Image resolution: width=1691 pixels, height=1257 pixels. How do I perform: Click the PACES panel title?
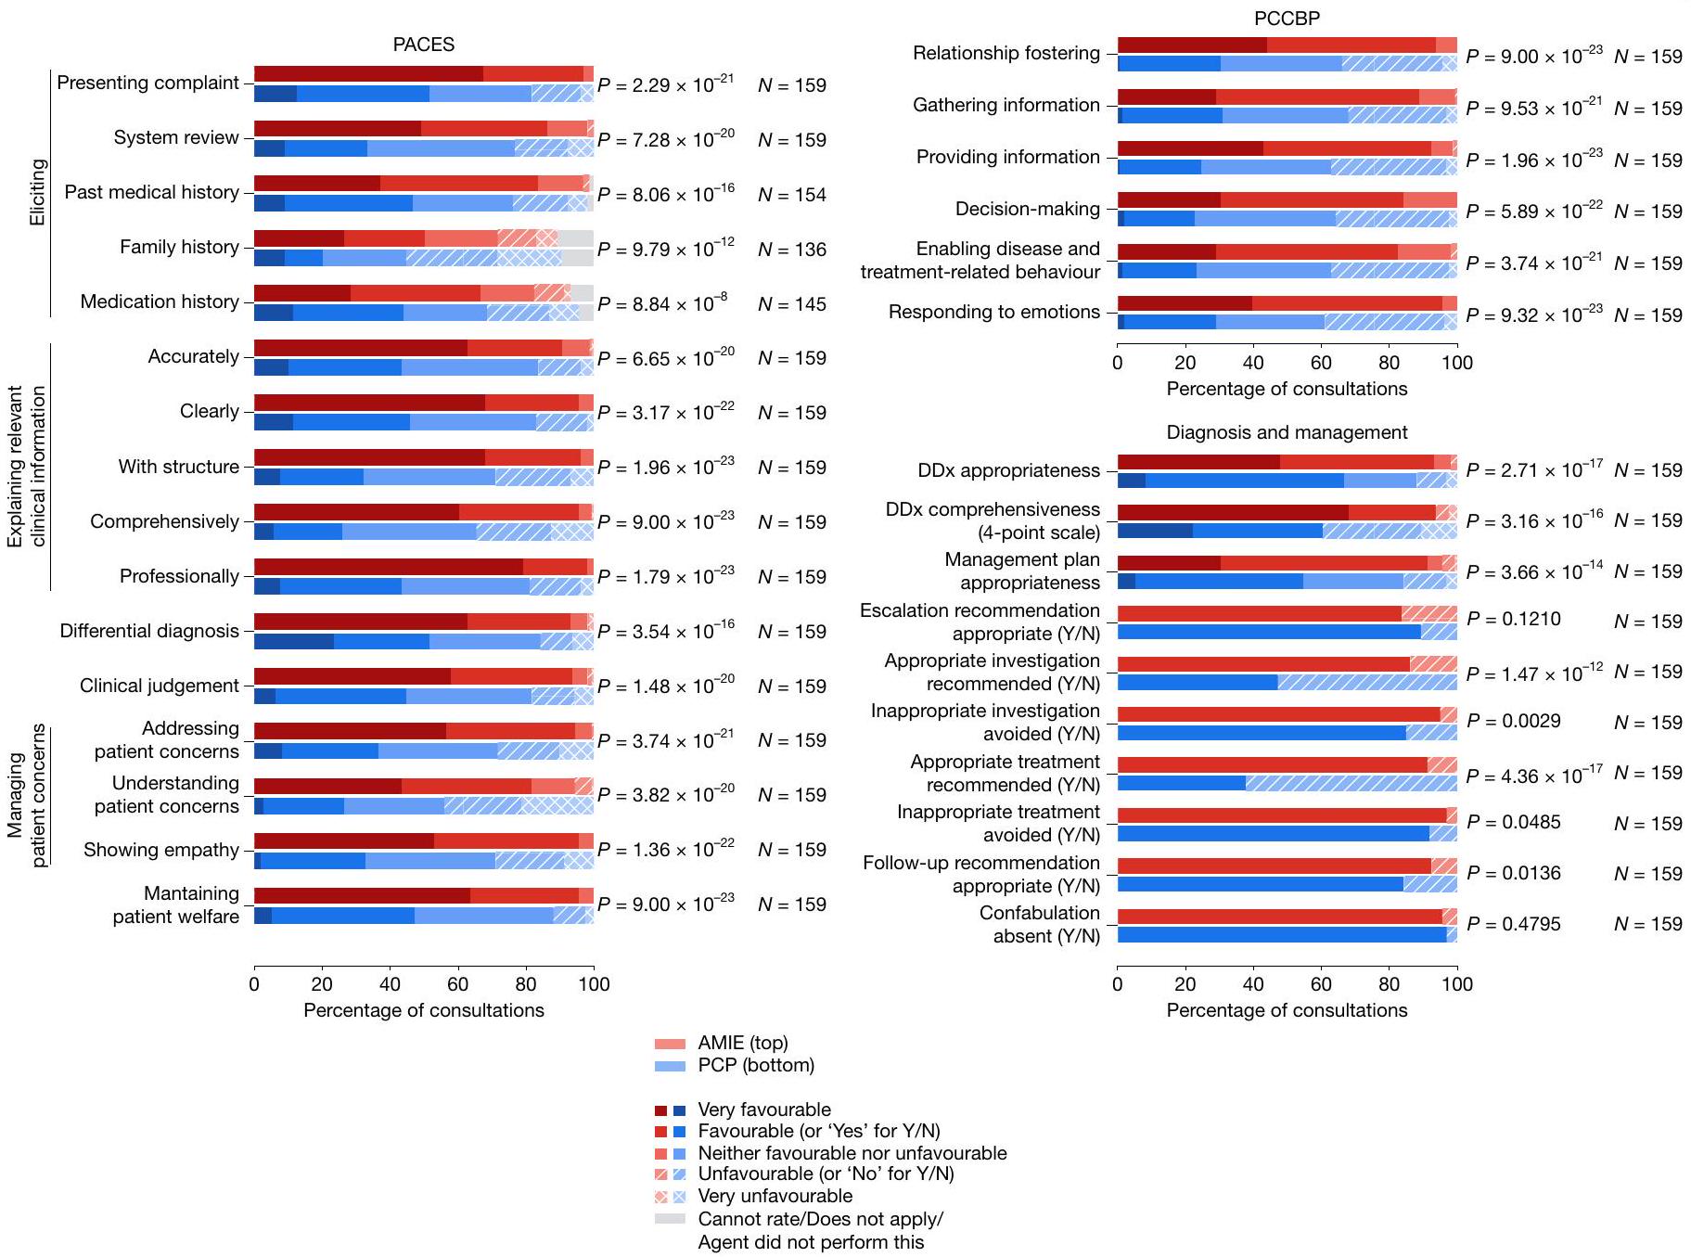coord(423,45)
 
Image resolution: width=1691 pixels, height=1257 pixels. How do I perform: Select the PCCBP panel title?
coord(1287,19)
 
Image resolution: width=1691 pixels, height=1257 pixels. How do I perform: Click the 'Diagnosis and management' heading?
coord(1287,432)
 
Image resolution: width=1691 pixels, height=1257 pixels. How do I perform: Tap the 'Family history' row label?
coord(179,247)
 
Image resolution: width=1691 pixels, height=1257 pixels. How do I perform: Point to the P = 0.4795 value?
coord(1514,924)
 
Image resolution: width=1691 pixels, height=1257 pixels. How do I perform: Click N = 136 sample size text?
coord(791,250)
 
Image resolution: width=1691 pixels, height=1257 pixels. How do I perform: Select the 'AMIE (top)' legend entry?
coord(742,1043)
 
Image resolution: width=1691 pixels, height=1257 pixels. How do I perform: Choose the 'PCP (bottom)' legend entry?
coord(755,1065)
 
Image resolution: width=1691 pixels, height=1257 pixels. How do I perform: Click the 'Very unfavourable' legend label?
coord(775,1196)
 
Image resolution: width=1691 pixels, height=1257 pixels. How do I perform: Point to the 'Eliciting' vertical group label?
coord(37,192)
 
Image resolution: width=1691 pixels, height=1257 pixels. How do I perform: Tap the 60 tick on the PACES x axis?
coord(458,984)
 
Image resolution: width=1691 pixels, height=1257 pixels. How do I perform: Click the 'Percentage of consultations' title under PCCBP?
coord(1287,389)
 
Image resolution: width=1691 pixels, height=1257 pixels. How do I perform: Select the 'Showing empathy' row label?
coord(161,850)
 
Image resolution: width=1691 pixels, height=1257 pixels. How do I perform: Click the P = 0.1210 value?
coord(1514,619)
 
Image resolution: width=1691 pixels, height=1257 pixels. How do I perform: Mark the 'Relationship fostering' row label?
coord(1006,53)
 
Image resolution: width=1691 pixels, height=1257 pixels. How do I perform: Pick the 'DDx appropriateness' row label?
coord(1008,470)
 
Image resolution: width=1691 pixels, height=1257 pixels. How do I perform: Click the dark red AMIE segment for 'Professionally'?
coord(388,567)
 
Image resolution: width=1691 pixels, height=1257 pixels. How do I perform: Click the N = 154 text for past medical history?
coord(791,195)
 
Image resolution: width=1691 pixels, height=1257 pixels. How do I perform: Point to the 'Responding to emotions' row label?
coord(993,312)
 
